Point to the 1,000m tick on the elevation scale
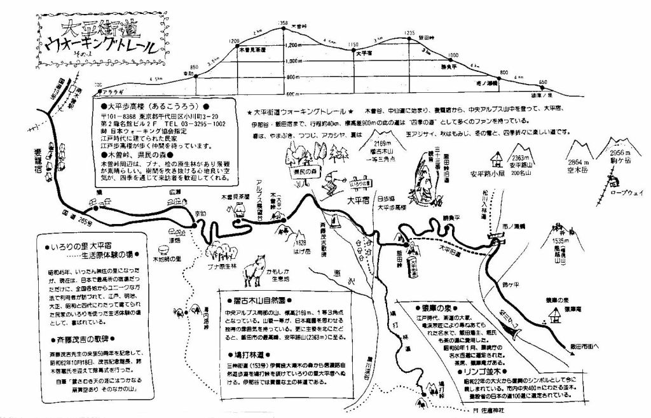(294, 62)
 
